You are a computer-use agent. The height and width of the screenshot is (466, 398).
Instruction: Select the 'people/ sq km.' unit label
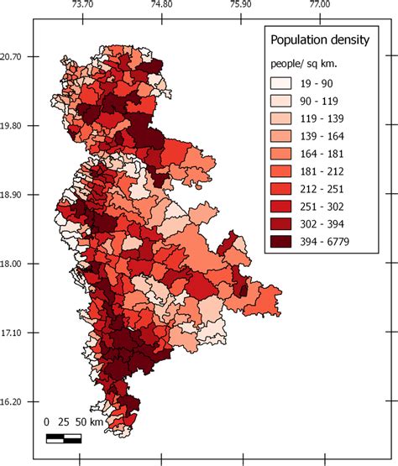306,64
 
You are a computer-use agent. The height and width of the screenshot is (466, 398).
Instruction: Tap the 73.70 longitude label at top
82,5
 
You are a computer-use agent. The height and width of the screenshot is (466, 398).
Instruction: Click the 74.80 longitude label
162,5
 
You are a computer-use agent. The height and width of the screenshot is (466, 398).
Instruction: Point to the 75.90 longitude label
241,5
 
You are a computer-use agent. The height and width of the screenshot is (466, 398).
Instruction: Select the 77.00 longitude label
320,5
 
